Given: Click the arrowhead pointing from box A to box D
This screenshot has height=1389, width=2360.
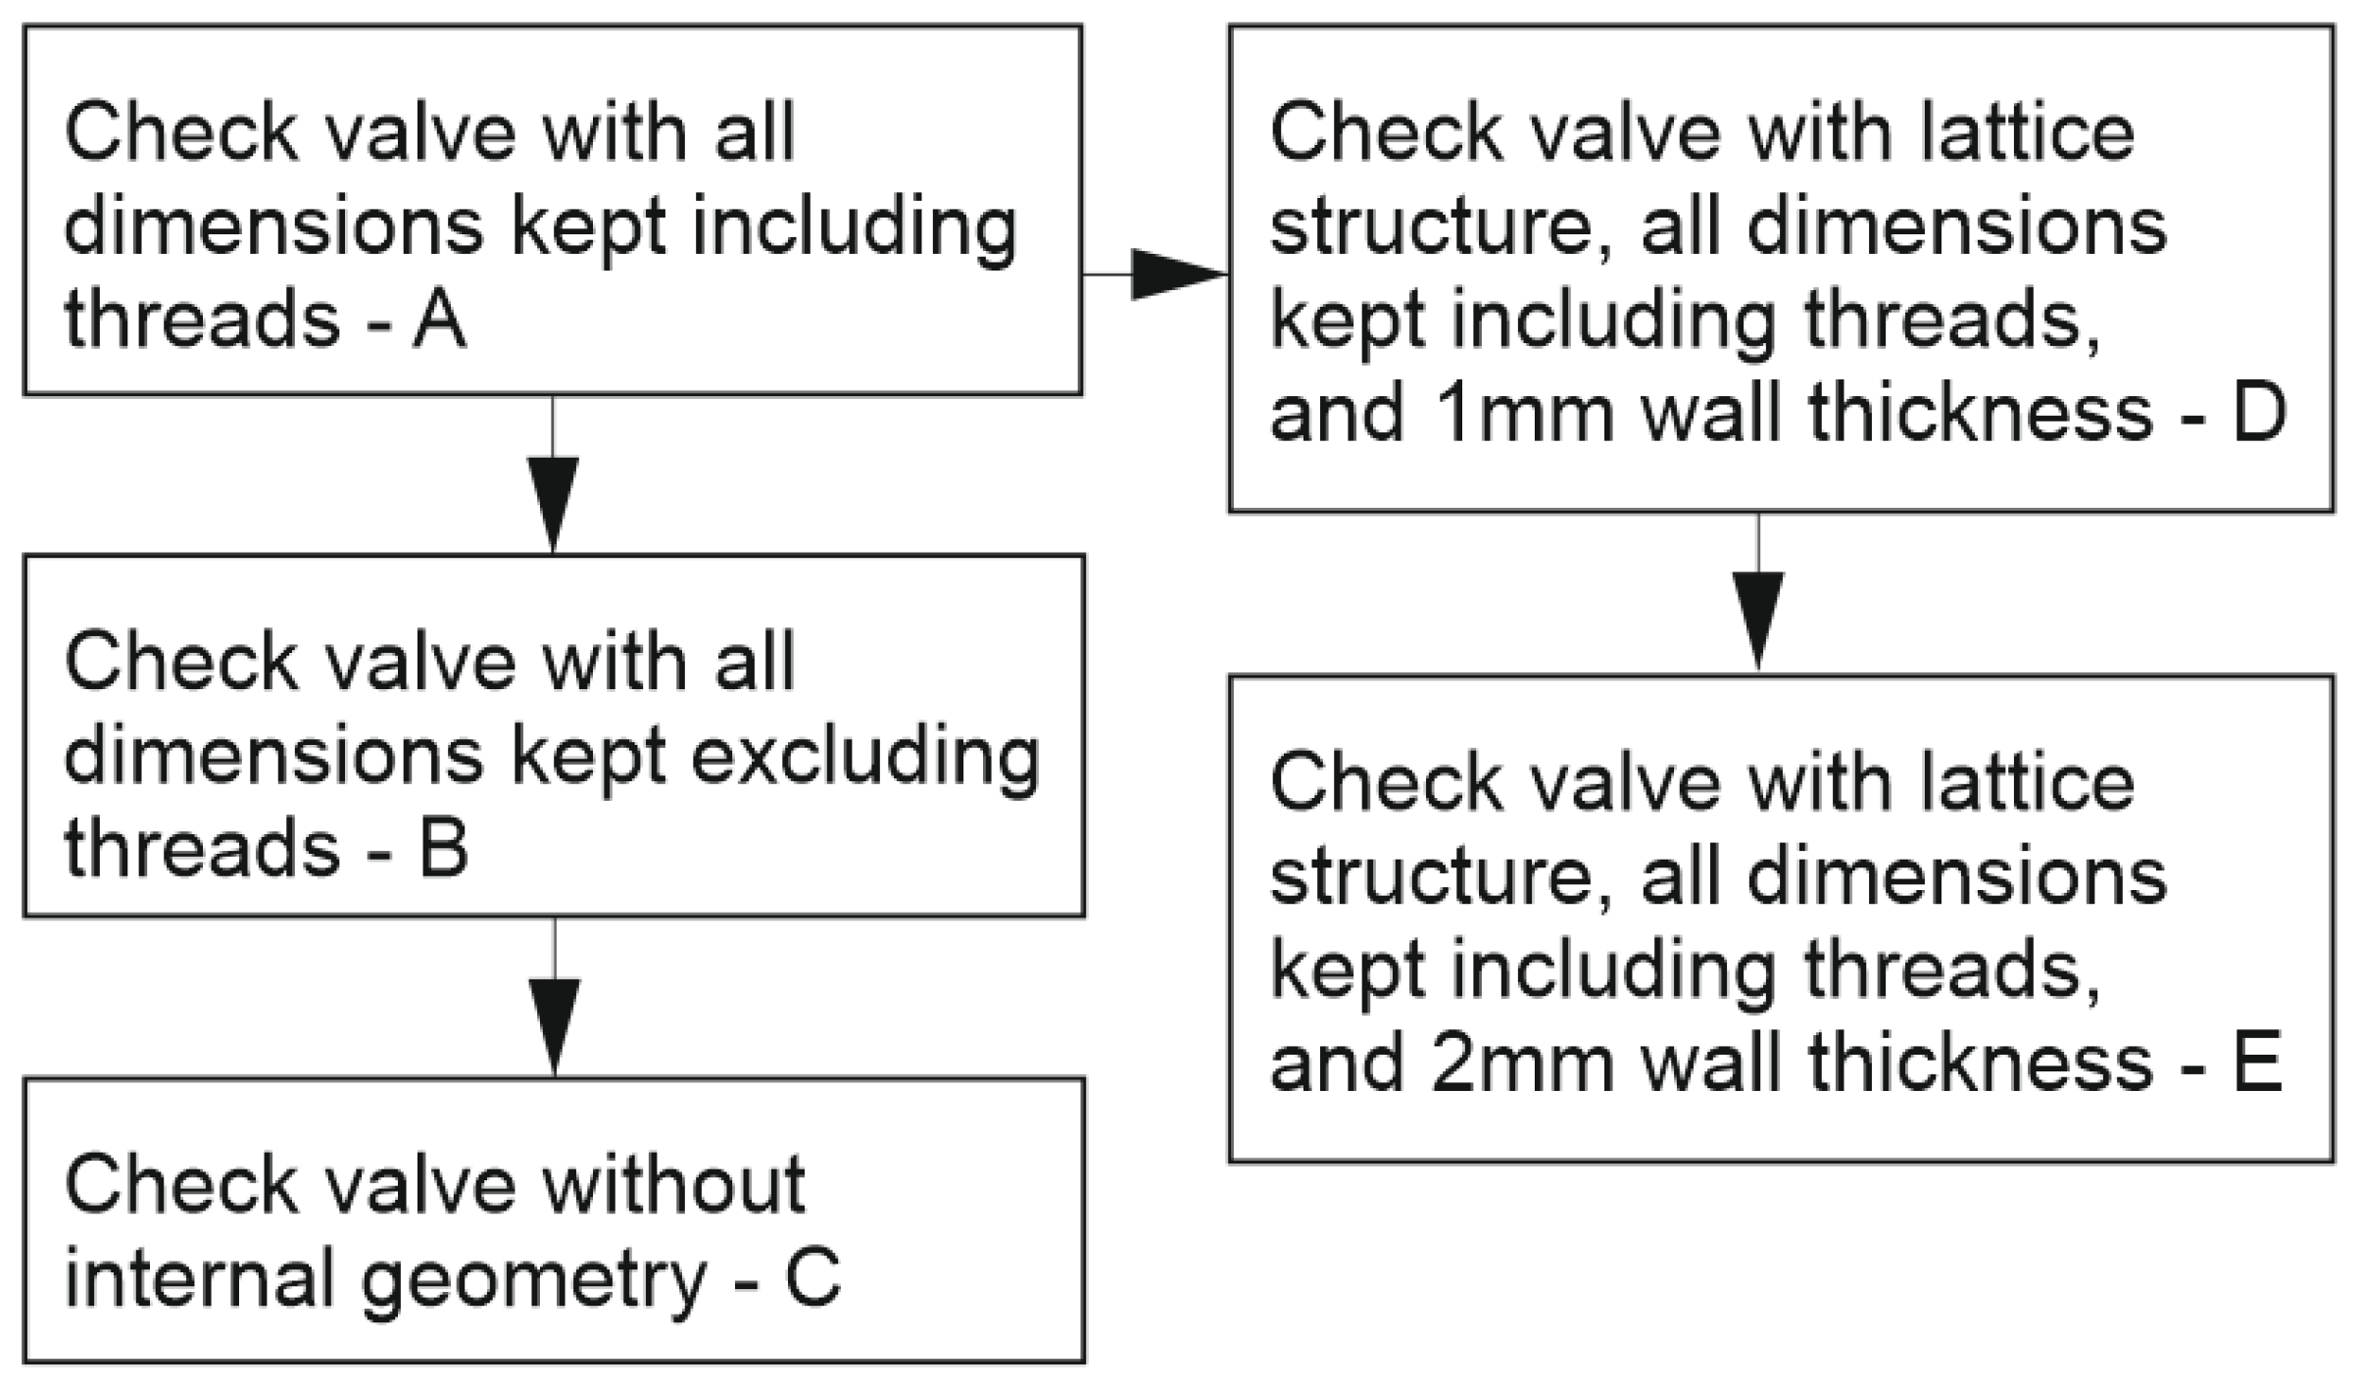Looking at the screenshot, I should pyautogui.click(x=1176, y=274).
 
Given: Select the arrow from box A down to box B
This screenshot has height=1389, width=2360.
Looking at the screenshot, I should pyautogui.click(x=553, y=490).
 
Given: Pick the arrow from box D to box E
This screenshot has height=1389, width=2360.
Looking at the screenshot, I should pyautogui.click(x=1758, y=608).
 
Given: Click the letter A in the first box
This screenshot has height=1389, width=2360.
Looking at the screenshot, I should pyautogui.click(x=438, y=322).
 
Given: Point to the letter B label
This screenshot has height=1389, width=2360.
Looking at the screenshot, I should pyautogui.click(x=443, y=849).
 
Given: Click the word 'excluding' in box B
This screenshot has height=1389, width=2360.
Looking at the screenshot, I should pyautogui.click(x=864, y=757).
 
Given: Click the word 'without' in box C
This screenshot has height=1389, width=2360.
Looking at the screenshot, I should pyautogui.click(x=674, y=1185).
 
